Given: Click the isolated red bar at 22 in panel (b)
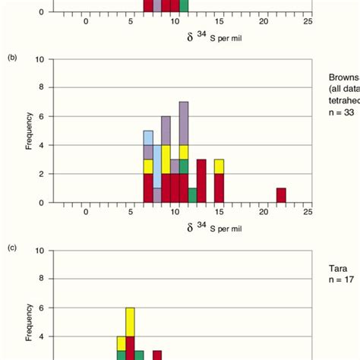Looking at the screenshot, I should (281, 195).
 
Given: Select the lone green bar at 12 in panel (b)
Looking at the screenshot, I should (192, 195).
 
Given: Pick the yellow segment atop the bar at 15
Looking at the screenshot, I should (219, 166).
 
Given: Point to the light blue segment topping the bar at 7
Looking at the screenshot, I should (148, 137).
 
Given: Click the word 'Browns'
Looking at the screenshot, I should (343, 77).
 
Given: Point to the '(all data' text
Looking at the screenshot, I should (343, 89).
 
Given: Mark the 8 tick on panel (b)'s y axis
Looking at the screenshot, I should (49, 87).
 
